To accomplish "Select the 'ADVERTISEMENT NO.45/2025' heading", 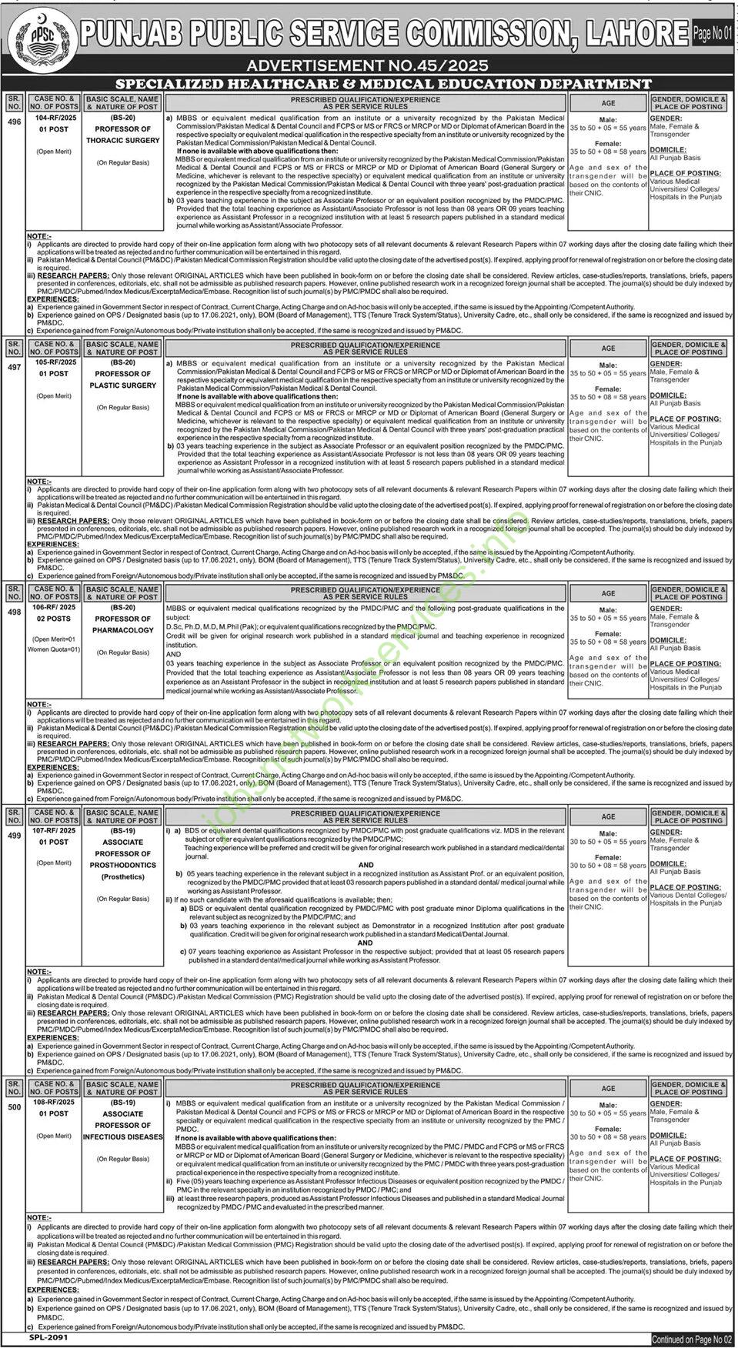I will (x=369, y=67).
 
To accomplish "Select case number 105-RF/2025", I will (x=54, y=362).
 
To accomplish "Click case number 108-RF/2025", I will (x=54, y=1102).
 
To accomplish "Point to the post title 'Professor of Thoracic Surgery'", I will (x=123, y=135).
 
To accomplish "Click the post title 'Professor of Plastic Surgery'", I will (x=123, y=379).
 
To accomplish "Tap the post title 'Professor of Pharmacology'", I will (x=123, y=624).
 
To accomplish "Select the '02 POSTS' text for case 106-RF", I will (x=54, y=619).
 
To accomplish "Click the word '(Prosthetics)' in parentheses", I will (x=123, y=876).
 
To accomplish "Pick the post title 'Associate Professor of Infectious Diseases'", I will (x=123, y=1125).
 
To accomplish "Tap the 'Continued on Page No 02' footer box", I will (x=692, y=1339).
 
